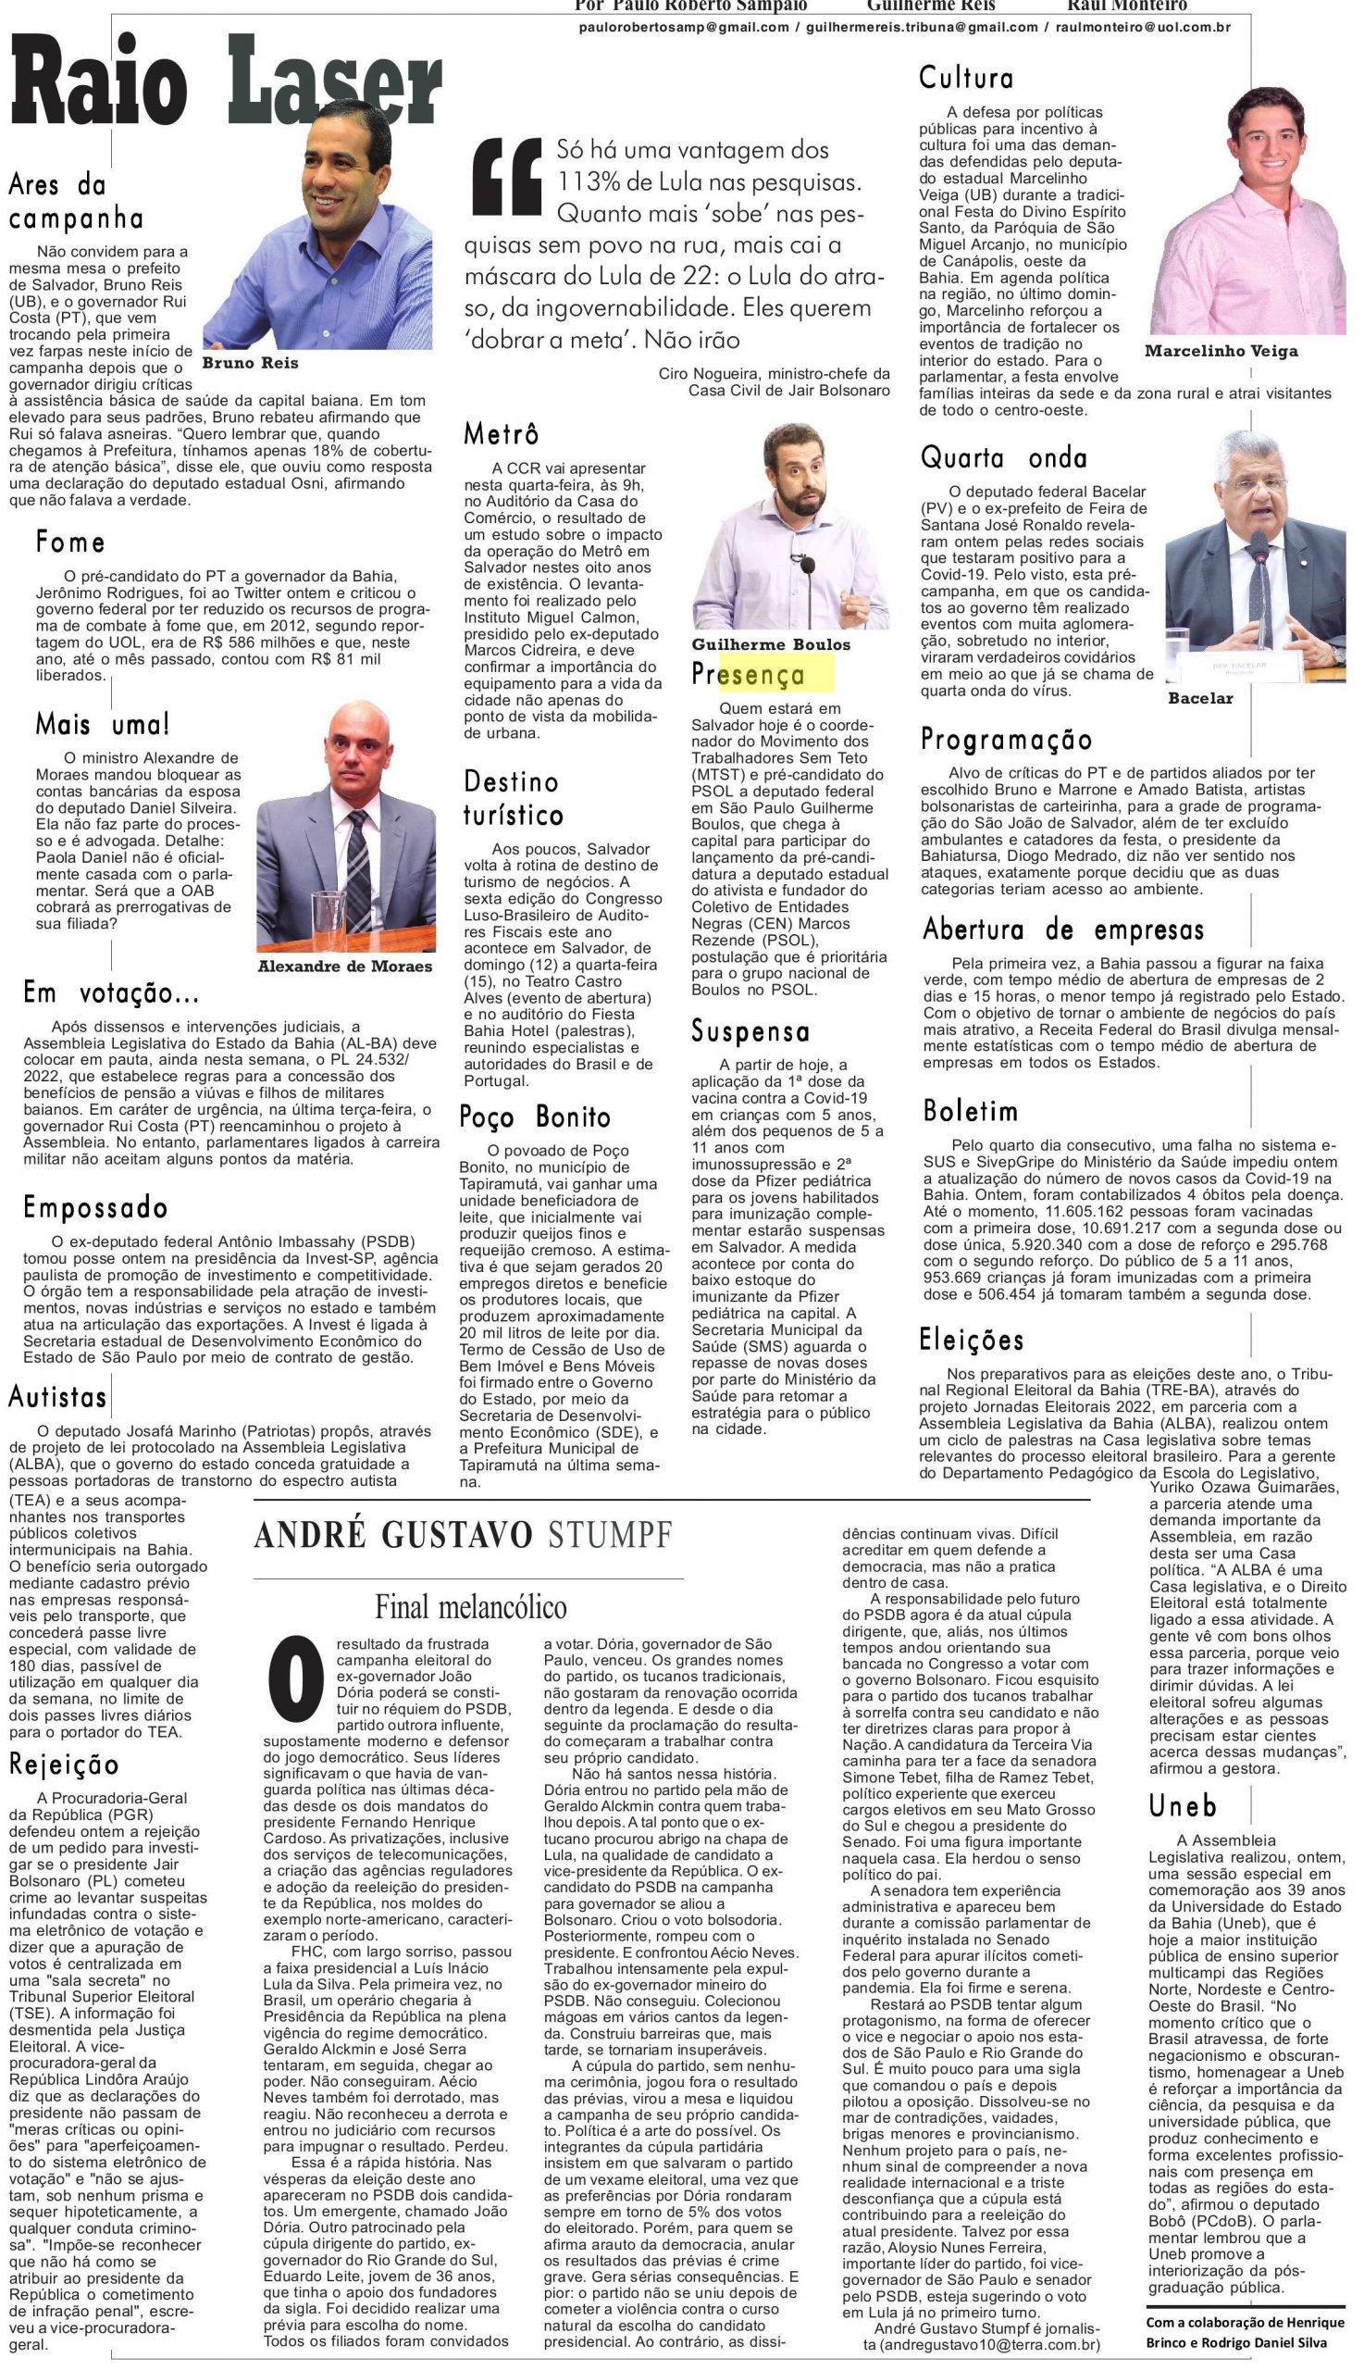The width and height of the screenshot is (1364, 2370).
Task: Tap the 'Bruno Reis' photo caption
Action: point(250,363)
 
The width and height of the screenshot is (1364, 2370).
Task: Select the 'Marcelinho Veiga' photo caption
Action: point(1221,352)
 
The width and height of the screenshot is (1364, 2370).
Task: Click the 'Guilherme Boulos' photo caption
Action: point(770,644)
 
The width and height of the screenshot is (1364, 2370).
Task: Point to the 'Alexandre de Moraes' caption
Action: point(345,967)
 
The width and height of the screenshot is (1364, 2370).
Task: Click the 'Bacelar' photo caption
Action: point(1200,698)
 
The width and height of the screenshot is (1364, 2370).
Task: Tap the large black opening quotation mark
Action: point(508,178)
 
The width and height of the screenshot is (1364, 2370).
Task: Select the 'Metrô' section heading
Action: point(502,434)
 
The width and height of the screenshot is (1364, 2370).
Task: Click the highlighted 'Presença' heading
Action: point(749,675)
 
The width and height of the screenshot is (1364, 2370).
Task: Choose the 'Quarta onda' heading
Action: point(1003,457)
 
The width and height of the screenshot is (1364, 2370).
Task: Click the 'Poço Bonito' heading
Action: point(535,1117)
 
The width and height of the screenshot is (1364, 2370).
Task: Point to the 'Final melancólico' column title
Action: point(470,1607)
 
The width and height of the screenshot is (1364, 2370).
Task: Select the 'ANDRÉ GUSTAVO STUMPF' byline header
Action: point(463,1536)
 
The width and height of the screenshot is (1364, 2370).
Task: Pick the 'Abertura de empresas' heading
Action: point(1062,929)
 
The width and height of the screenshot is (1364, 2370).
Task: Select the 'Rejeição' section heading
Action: point(65,1765)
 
